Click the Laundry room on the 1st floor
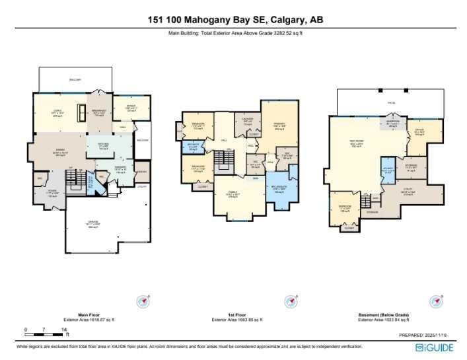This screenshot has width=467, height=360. [x=248, y=122]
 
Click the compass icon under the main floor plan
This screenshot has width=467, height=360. [x=143, y=301]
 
